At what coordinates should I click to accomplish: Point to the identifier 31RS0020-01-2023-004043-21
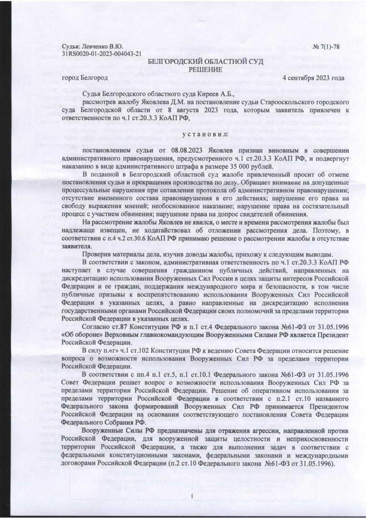(102, 54)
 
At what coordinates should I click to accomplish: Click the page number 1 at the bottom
(191, 495)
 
